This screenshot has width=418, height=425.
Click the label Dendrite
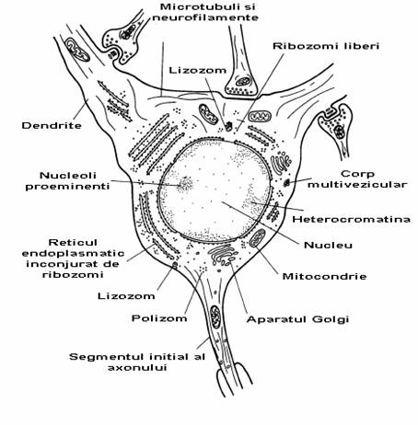click(x=52, y=125)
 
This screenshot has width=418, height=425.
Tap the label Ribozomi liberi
click(x=326, y=46)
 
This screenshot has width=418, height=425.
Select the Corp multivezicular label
click(x=357, y=179)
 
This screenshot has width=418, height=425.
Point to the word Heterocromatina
click(x=351, y=219)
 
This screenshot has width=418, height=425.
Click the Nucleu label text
click(x=328, y=245)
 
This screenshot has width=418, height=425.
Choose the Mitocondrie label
click(x=324, y=276)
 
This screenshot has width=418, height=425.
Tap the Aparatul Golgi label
click(x=297, y=319)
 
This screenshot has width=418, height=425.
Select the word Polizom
click(x=159, y=318)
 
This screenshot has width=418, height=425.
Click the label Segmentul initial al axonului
click(x=137, y=362)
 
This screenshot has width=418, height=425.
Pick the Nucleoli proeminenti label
click(x=67, y=180)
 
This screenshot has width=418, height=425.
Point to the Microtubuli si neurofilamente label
click(x=205, y=12)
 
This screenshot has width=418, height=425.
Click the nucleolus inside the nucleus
click(x=185, y=184)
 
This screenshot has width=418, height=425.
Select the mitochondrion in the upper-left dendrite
click(x=77, y=50)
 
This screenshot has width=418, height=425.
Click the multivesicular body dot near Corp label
click(x=286, y=183)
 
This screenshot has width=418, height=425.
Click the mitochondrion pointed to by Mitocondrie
click(x=257, y=238)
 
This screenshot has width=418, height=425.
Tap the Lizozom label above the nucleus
click(x=198, y=70)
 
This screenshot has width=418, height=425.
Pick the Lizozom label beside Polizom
click(x=126, y=296)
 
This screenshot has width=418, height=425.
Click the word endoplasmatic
click(x=74, y=254)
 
